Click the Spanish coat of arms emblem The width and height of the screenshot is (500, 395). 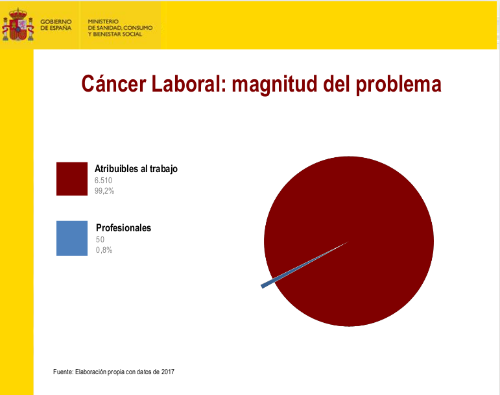pos(18,25)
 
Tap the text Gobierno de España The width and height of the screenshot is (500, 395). pos(56,25)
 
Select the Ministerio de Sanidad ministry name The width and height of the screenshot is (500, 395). pos(120,28)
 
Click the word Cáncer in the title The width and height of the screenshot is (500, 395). pos(113,84)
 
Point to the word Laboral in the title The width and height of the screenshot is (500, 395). pos(189,84)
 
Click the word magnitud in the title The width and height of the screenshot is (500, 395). pos(274,85)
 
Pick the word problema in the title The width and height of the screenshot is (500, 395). pos(398,85)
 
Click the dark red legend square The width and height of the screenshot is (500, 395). pos(72,179)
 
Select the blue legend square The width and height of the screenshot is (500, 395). pos(72,238)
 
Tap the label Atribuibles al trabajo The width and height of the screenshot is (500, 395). pos(136,169)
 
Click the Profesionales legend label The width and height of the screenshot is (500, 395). pos(123,227)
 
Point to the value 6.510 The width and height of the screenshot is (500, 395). pos(103,181)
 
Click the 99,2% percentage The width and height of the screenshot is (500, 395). pos(104,191)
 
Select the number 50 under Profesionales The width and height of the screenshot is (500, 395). pos(100,240)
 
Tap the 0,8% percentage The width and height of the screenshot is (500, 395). pos(104,250)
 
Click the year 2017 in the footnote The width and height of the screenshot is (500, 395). pos(168,372)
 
